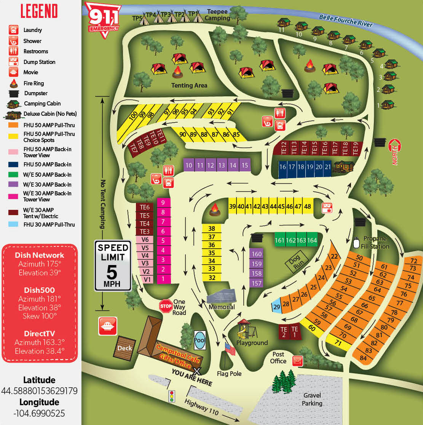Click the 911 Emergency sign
[102, 19]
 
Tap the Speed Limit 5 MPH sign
[113, 265]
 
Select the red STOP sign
[166, 306]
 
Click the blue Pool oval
[199, 340]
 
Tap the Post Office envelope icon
[297, 360]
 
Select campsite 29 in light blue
[277, 306]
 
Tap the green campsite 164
[312, 240]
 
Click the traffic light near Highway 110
[172, 396]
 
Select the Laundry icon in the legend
[14, 30]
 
